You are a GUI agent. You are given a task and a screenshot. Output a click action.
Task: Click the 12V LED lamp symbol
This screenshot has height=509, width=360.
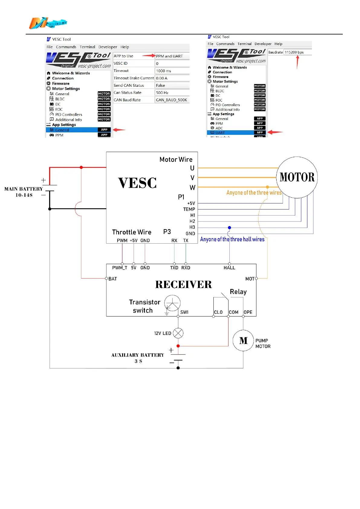pyautogui.click(x=178, y=333)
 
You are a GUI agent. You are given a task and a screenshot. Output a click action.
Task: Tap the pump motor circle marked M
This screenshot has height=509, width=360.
pyautogui.click(x=243, y=341)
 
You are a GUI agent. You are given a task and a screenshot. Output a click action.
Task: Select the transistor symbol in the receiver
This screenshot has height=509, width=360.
pyautogui.click(x=172, y=303)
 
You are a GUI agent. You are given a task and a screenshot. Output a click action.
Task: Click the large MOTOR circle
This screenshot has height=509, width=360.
pyautogui.click(x=297, y=177)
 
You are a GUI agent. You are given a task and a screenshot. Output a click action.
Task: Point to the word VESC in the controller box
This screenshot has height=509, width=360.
pyautogui.click(x=137, y=183)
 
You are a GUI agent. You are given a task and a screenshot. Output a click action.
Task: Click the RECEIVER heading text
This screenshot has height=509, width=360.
pyautogui.click(x=183, y=284)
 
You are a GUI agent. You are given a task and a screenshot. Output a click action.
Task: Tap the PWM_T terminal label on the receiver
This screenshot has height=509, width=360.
pyautogui.click(x=120, y=268)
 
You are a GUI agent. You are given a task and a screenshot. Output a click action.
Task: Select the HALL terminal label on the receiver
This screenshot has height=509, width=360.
pyautogui.click(x=229, y=268)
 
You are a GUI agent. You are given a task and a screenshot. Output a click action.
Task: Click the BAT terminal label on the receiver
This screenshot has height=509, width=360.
pyautogui.click(x=113, y=279)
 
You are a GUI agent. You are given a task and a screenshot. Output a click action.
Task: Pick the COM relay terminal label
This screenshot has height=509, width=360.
pyautogui.click(x=233, y=312)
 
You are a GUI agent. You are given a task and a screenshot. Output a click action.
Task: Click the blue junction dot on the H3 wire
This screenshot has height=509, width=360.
pyautogui.click(x=229, y=228)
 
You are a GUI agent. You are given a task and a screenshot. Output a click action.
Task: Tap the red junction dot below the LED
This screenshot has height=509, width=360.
pyautogui.click(x=178, y=346)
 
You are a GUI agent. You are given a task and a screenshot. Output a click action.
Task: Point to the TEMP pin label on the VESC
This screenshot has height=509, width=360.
pyautogui.click(x=189, y=209)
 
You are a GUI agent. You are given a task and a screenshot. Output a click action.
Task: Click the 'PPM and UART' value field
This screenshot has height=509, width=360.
pyautogui.click(x=172, y=56)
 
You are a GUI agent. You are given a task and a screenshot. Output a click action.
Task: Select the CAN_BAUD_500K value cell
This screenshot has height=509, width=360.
pyautogui.click(x=172, y=100)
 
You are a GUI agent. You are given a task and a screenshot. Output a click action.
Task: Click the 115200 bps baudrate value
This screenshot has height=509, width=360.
pyautogui.click(x=294, y=52)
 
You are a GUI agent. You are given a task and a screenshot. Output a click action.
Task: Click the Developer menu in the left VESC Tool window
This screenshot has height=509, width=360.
pyautogui.click(x=108, y=47)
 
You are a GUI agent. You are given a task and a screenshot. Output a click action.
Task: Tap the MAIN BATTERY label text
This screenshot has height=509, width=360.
pyautogui.click(x=24, y=189)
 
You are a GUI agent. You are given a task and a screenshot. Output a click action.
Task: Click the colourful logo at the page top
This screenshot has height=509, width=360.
pyautogui.click(x=48, y=23)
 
